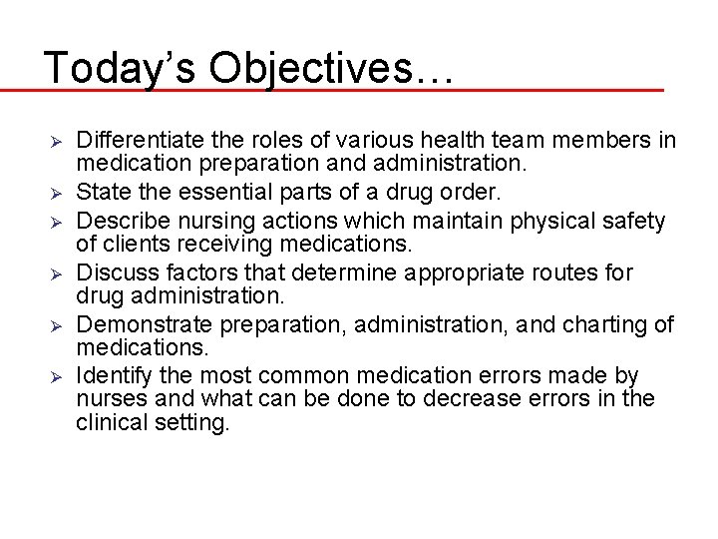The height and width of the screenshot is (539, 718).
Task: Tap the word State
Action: tap(101, 190)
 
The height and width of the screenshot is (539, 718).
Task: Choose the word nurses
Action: tap(107, 399)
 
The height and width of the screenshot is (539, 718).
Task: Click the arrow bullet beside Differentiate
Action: tap(56, 140)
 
